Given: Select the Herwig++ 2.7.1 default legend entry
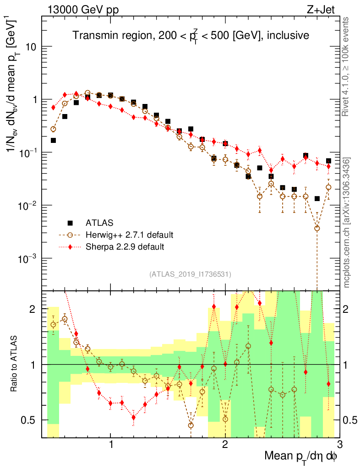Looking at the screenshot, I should point(129,235).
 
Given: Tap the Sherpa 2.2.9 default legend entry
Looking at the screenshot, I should point(125,246).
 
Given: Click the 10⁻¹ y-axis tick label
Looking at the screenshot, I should point(28,152).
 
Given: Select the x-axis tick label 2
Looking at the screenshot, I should point(225,445).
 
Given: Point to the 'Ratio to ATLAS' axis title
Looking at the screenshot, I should point(15,364).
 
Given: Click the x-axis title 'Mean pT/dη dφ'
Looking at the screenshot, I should point(301,456).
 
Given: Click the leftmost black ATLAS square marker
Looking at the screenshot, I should point(53,140).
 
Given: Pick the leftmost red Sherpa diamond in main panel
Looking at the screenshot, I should point(53,107).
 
